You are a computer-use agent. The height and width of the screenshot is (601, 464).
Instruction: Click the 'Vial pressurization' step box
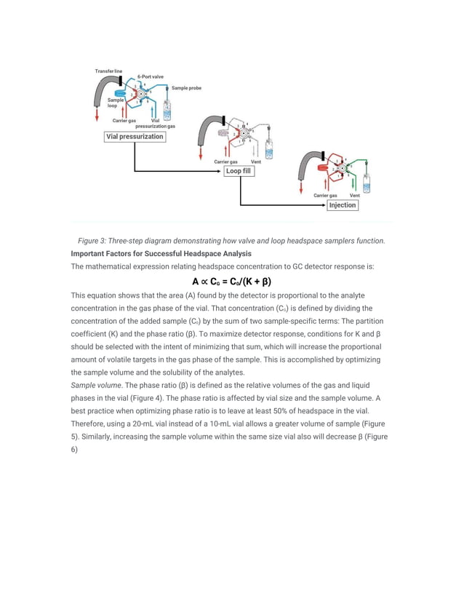pos(135,136)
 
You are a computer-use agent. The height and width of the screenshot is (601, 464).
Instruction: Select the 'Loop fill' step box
pos(238,171)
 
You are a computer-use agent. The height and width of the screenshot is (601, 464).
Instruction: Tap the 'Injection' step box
pos(342,205)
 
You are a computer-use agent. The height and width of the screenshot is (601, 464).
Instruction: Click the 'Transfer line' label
pos(108,71)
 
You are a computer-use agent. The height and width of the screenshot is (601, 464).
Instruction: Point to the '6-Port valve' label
pos(151,76)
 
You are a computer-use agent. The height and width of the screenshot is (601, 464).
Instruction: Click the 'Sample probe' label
pos(186,88)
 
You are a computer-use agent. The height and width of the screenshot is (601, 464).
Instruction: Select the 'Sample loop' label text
pos(115,103)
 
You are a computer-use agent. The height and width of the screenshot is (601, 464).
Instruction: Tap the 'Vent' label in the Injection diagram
pos(354,195)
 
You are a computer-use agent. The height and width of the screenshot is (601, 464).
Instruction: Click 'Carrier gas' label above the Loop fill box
pos(225,161)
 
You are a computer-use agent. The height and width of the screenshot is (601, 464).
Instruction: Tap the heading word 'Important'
pos(94,254)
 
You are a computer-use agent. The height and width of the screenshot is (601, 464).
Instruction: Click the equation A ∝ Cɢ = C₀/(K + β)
pos(232,282)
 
